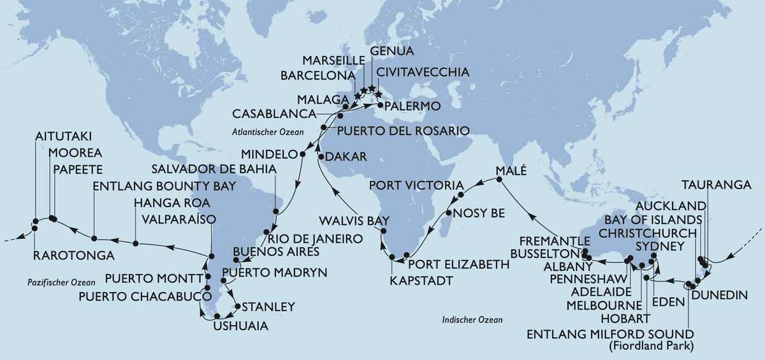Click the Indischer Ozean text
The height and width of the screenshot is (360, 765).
tap(472, 320)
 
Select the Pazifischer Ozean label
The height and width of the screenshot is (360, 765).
tap(58, 282)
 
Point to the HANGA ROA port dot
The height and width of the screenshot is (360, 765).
tap(136, 242)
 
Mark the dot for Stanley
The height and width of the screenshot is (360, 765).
tap(238, 306)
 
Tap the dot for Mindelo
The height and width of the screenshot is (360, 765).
tap(303, 154)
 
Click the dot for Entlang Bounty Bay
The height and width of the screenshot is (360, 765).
tap(94, 239)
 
